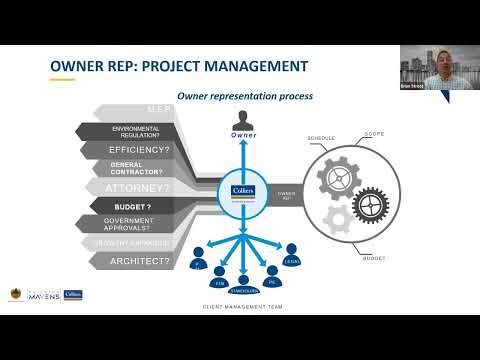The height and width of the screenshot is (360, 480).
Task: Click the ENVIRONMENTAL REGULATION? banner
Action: (x=136, y=132)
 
